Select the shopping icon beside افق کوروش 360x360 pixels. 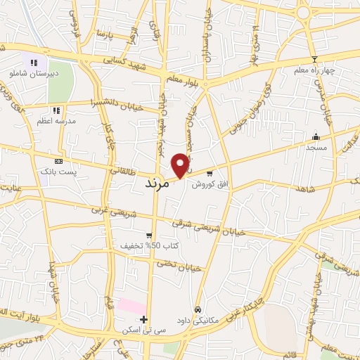pos(209,174)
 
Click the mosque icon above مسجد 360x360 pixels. pos(316,137)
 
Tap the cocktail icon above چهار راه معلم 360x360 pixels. pos(314,59)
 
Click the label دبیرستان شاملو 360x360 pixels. pos(33,73)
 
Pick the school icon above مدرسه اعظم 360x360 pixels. pos(56,110)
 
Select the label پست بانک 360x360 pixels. pos(58,172)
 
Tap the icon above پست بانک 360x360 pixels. pos(58,161)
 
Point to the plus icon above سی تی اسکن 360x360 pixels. pos(144,320)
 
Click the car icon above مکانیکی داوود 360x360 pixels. pos(199,309)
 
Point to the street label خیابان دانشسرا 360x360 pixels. pos(116,103)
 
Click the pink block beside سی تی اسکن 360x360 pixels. pos(131,307)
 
